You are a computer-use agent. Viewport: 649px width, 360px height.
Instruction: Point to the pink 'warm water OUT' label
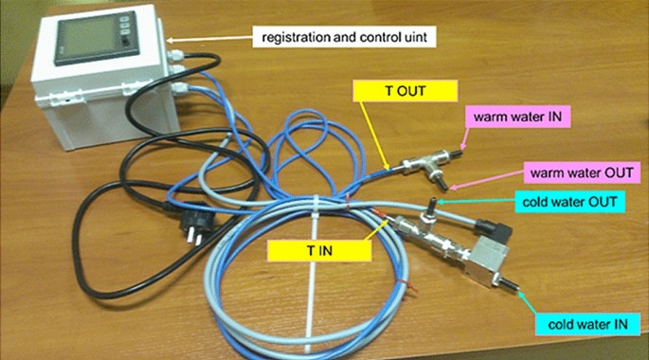(575, 175)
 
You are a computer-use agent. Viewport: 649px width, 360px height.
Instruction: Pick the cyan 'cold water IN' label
(580, 325)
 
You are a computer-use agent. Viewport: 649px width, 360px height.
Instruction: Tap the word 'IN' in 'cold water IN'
(616, 325)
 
